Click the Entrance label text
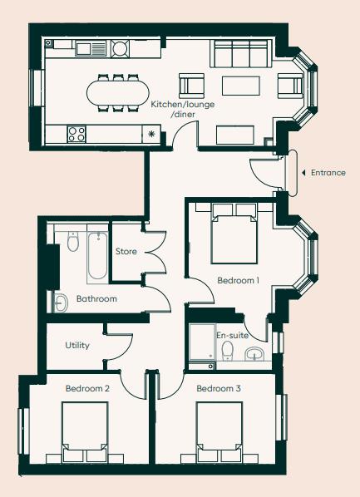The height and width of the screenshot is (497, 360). tap(328, 173)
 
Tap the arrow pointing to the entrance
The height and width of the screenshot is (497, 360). tap(303, 173)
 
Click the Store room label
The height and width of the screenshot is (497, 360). tap(126, 251)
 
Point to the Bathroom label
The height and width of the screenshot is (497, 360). tap(96, 298)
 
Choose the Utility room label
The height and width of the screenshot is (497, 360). tap(77, 345)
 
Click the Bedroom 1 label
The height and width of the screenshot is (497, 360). tap(239, 281)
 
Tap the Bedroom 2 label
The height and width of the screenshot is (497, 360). tap(88, 388)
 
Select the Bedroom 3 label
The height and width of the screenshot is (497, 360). tap(219, 388)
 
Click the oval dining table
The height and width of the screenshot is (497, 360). tap(118, 92)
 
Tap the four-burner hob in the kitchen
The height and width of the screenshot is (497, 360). tap(77, 133)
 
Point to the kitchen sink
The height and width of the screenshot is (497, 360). tap(86, 49)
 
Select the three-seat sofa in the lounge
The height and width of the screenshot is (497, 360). tap(242, 55)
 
